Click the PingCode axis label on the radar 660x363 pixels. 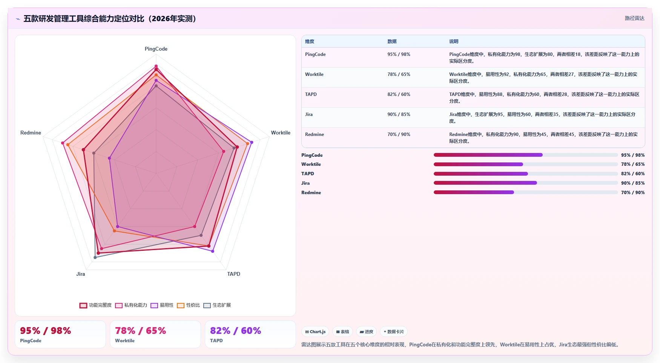tap(156, 49)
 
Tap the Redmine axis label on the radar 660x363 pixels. tap(31, 133)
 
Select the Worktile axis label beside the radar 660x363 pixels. tap(281, 133)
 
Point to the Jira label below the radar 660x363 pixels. tap(80, 274)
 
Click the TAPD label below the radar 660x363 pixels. tap(233, 274)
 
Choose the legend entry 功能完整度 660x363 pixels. tap(96, 305)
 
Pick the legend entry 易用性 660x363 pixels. tap(162, 305)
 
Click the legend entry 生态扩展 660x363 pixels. tap(217, 305)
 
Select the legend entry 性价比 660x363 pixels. tap(189, 305)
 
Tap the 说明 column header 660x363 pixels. tap(454, 42)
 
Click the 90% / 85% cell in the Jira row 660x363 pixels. tap(399, 114)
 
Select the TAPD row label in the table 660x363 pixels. tap(311, 94)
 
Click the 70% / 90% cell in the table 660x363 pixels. tap(399, 134)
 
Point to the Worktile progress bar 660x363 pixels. tap(526, 164)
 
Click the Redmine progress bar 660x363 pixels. tap(526, 193)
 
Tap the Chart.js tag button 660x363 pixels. tap(315, 332)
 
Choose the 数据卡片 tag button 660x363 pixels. tap(394, 332)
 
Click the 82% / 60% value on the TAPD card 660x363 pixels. tap(235, 331)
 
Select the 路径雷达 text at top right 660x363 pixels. tap(635, 18)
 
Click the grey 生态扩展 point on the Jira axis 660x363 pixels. tap(95, 258)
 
